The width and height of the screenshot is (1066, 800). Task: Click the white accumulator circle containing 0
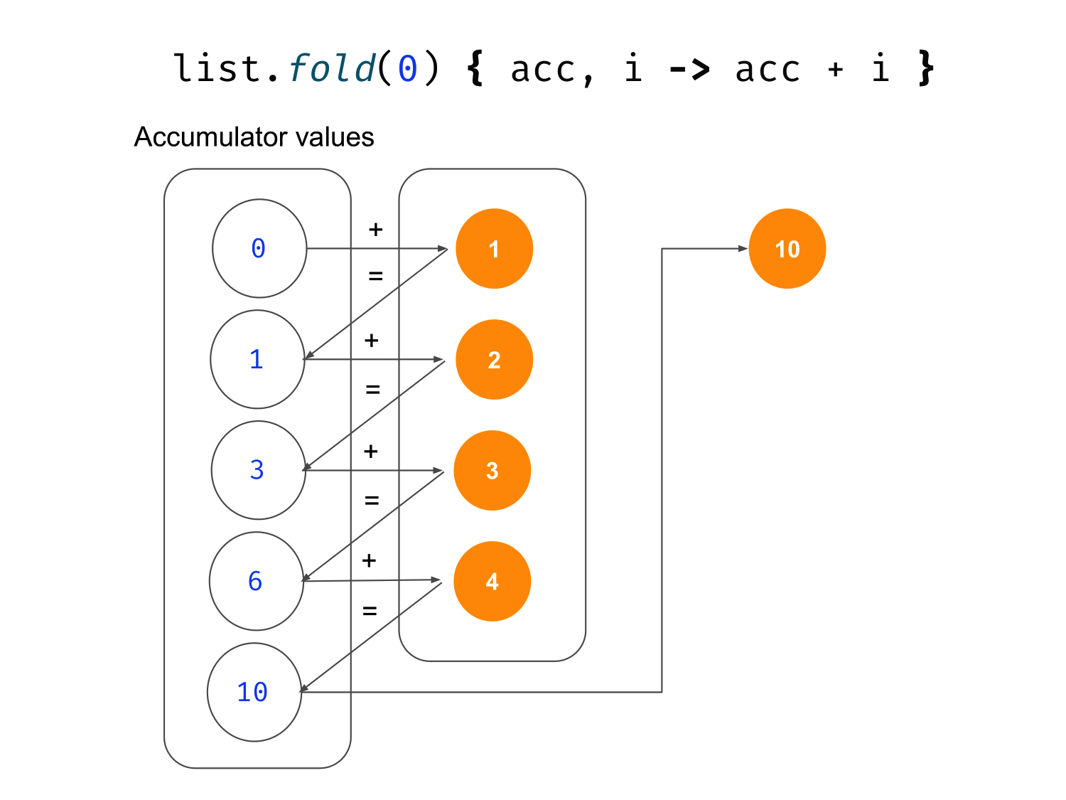259,248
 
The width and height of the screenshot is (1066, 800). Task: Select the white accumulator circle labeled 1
257,359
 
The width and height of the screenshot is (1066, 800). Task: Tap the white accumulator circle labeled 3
258,470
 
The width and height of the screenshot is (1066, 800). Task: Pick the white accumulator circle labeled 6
257,581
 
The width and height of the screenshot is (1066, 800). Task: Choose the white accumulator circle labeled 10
254,692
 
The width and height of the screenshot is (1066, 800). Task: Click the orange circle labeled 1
494,249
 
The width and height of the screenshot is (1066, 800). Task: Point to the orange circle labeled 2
494,360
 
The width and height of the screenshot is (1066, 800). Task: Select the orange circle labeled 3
492,471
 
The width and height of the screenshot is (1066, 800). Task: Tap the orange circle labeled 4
492,582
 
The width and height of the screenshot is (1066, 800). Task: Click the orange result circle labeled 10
787,249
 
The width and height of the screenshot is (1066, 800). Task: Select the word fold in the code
332,69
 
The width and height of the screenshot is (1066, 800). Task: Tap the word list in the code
217,69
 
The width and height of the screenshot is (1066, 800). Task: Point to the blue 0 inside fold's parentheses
407,69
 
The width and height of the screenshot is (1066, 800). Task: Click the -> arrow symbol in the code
689,69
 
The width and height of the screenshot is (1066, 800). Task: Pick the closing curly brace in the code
925,69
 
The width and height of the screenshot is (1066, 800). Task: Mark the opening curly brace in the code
475,69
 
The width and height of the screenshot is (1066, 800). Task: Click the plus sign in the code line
836,70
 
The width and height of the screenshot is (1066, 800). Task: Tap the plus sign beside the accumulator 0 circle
375,230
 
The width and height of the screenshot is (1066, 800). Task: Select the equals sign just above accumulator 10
370,610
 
